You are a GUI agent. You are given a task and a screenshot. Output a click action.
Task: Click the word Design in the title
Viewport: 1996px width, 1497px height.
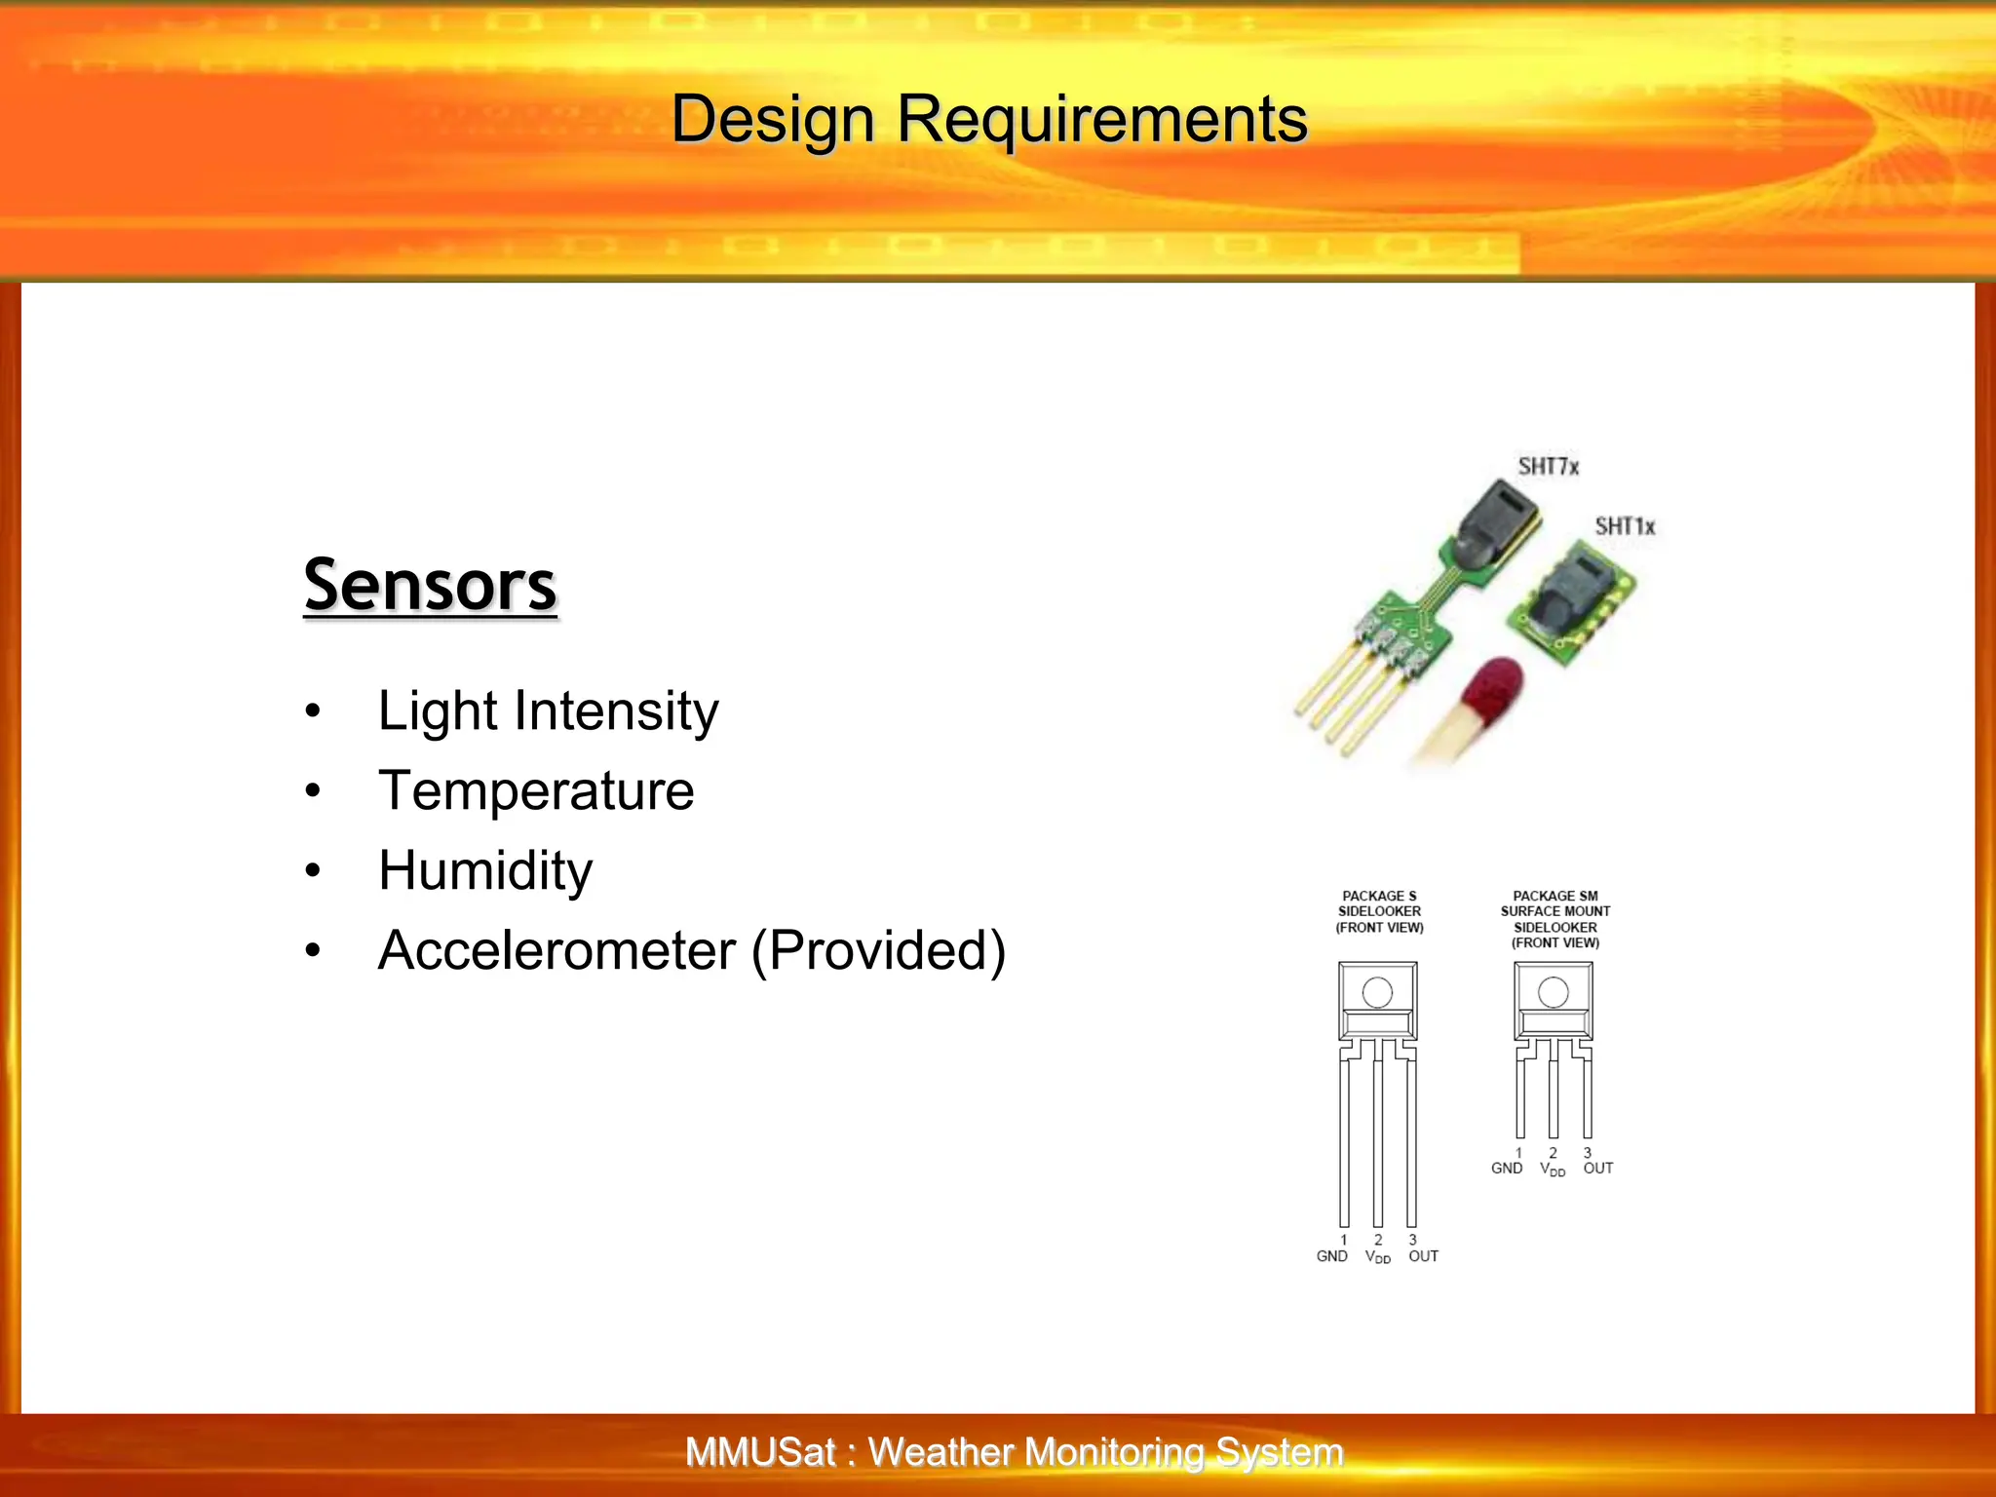pyautogui.click(x=773, y=120)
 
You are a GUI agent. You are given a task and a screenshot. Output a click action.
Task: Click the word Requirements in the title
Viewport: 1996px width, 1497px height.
pyautogui.click(x=1101, y=120)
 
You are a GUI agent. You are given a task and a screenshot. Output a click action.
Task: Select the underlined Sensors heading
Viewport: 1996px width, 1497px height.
pyautogui.click(x=430, y=585)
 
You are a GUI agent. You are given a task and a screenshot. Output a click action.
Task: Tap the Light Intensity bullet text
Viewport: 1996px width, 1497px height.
pyautogui.click(x=548, y=710)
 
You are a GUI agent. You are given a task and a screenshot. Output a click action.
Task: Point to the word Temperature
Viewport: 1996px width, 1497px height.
pyautogui.click(x=536, y=790)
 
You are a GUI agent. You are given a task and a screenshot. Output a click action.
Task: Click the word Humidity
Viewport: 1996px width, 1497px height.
pyautogui.click(x=485, y=870)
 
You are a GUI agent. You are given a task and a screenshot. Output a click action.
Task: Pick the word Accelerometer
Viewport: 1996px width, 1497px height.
pyautogui.click(x=557, y=950)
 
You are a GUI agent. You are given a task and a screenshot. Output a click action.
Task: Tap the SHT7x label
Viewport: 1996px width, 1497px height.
pyautogui.click(x=1548, y=466)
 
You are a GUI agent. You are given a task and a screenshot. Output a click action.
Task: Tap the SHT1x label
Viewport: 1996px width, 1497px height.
pyautogui.click(x=1625, y=526)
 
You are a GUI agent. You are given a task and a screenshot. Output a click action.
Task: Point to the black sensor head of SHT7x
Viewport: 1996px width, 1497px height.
pyautogui.click(x=1496, y=524)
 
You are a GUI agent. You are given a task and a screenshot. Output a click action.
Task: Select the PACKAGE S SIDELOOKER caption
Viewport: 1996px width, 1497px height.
pyautogui.click(x=1379, y=911)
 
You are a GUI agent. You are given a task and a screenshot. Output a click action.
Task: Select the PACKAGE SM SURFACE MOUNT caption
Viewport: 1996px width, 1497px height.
pyautogui.click(x=1555, y=918)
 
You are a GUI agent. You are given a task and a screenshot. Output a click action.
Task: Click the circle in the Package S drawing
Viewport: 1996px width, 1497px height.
pyautogui.click(x=1377, y=993)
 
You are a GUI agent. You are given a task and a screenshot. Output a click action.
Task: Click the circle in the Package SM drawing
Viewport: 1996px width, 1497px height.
pyautogui.click(x=1553, y=993)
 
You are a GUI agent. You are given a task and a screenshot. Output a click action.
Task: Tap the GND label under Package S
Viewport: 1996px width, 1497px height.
pyautogui.click(x=1331, y=1256)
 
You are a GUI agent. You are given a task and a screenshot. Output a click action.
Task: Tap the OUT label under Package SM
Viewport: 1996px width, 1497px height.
pyautogui.click(x=1597, y=1168)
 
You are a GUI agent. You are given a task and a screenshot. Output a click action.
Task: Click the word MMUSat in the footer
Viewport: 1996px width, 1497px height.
pyautogui.click(x=760, y=1452)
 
